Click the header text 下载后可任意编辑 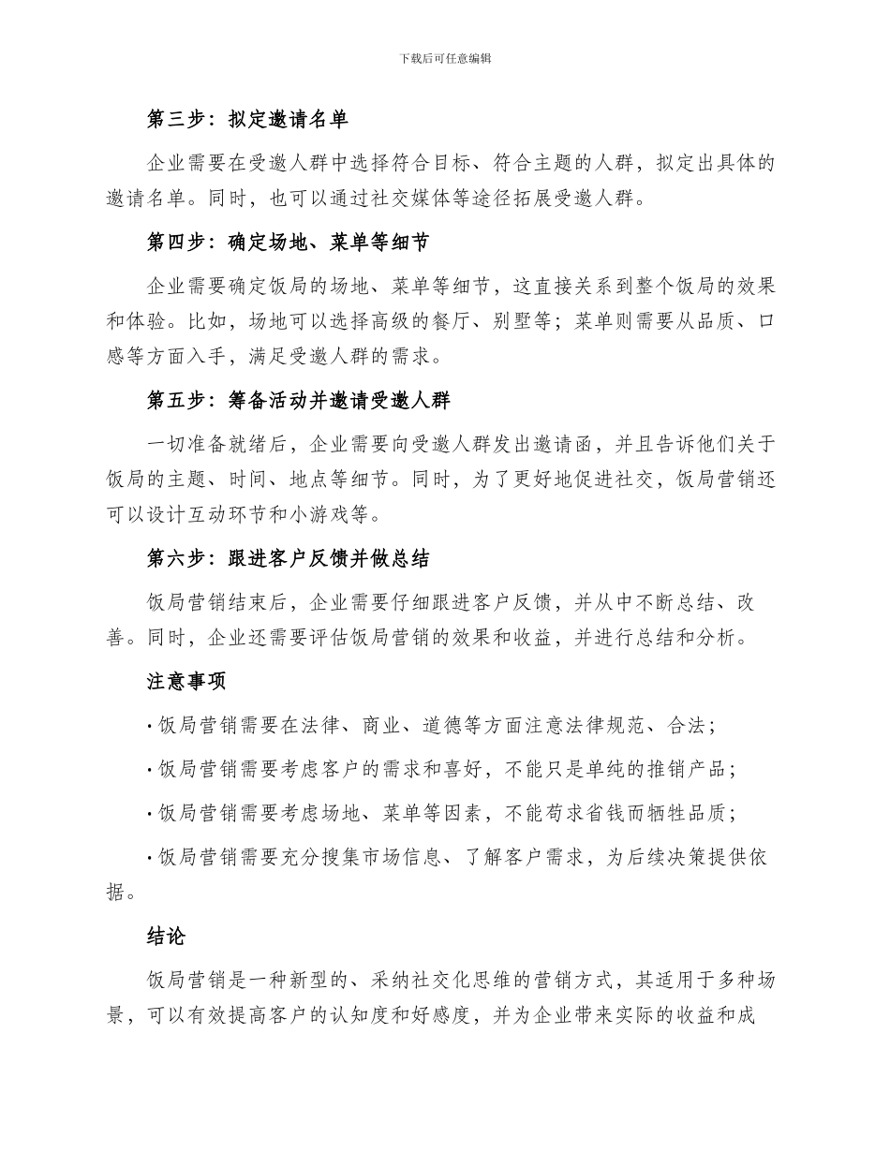coord(445,58)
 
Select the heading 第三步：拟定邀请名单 coord(248,119)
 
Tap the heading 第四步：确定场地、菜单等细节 coord(289,243)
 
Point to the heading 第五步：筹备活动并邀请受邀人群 coord(299,401)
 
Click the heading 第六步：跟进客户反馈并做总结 coord(289,559)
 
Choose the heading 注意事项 coord(186,681)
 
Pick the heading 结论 coord(167,937)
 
